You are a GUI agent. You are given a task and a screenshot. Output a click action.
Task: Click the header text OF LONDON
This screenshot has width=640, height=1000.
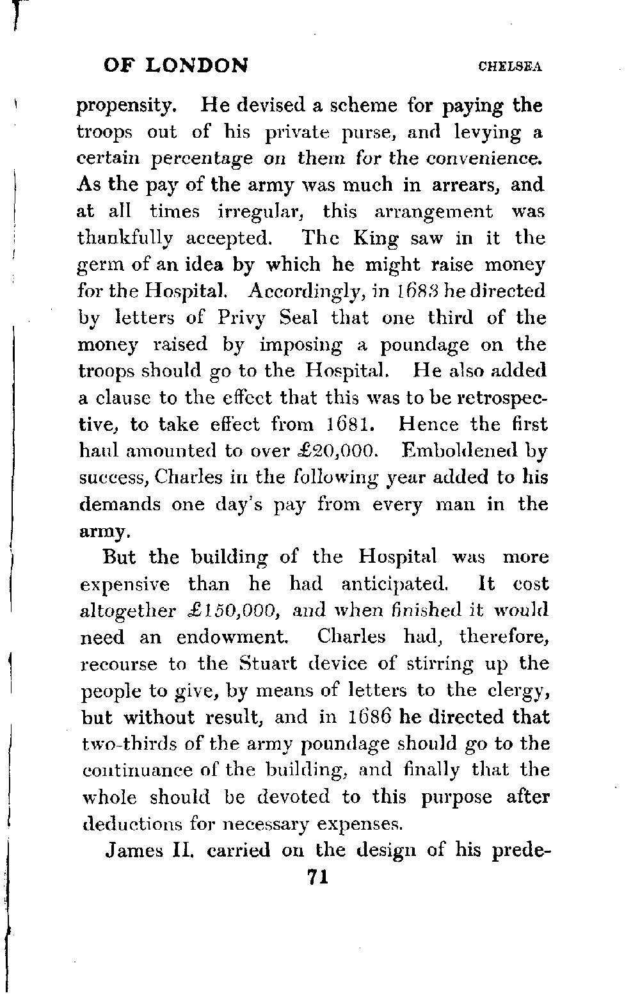[x=175, y=65]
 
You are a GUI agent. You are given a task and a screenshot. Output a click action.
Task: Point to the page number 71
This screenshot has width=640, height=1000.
[x=317, y=876]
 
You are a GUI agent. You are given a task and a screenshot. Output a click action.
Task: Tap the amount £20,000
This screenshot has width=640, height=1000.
[x=347, y=451]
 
